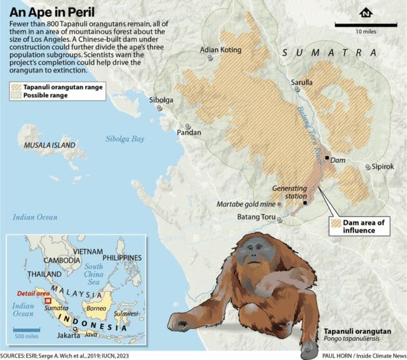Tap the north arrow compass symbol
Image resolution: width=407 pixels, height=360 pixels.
pyautogui.click(x=365, y=13)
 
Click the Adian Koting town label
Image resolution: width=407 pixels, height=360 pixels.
pyautogui.click(x=219, y=49)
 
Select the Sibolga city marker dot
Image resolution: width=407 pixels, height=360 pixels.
pyautogui.click(x=160, y=107)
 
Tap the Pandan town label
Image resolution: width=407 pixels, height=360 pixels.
pyautogui.click(x=188, y=132)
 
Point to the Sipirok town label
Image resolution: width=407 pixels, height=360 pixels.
pyautogui.click(x=384, y=167)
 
